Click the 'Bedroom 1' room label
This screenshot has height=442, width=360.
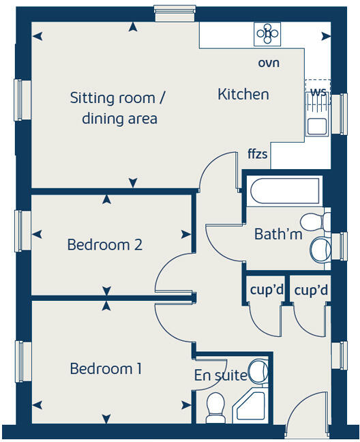(x=106, y=369)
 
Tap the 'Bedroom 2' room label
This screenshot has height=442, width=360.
(x=104, y=245)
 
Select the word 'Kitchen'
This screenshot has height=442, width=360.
(x=243, y=94)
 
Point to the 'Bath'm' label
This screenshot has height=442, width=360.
(x=277, y=234)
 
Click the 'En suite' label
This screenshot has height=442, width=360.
(x=220, y=374)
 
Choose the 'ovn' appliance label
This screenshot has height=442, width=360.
(x=269, y=63)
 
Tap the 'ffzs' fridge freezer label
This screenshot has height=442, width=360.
(x=257, y=155)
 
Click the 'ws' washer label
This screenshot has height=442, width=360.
(x=318, y=91)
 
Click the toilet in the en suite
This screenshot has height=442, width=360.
(x=215, y=407)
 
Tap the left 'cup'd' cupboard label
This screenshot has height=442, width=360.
(x=266, y=290)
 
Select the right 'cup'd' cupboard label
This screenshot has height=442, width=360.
(x=311, y=290)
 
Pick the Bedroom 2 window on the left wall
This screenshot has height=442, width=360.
(x=20, y=231)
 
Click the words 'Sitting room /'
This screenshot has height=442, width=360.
(x=118, y=98)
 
